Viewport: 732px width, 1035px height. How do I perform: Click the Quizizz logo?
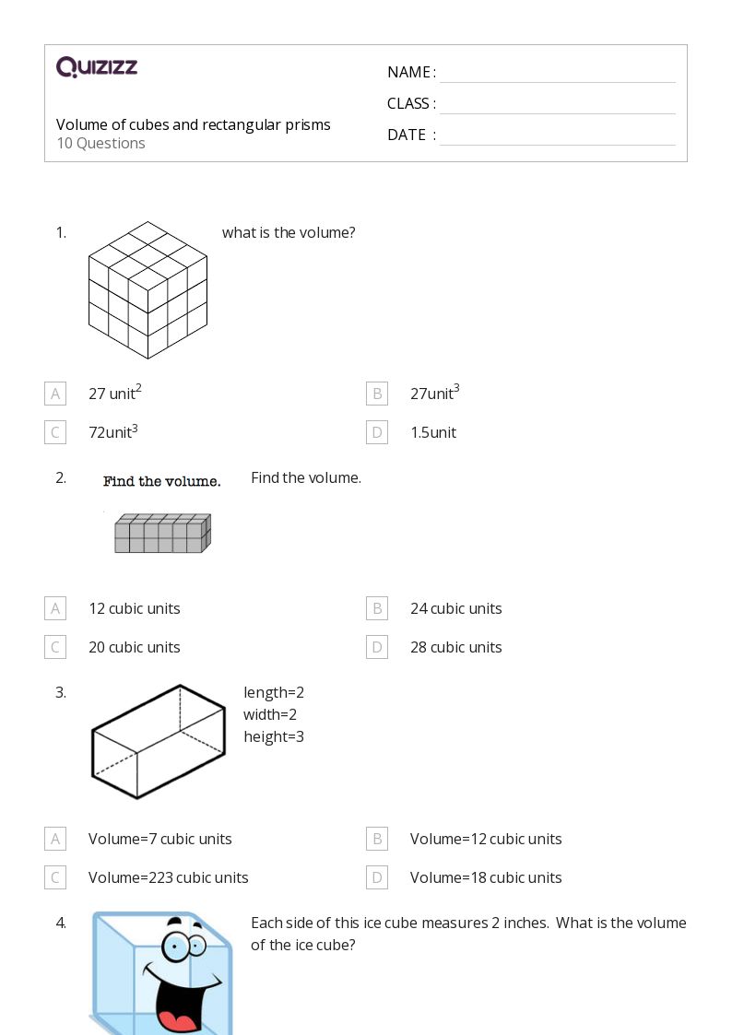(97, 67)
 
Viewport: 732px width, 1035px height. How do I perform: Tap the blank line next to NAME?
(557, 74)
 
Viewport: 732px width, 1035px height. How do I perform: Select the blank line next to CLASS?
(557, 105)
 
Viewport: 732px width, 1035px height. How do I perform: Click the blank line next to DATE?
(557, 136)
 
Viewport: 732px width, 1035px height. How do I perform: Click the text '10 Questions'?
(100, 144)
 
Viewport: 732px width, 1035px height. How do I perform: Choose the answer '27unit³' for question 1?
(434, 394)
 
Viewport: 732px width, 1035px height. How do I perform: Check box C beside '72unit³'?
(55, 432)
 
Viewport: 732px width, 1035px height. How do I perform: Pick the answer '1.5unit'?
(432, 432)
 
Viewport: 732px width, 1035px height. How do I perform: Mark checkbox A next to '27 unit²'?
(55, 394)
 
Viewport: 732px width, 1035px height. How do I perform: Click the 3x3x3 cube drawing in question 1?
(148, 289)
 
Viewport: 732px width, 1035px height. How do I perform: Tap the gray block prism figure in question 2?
(162, 534)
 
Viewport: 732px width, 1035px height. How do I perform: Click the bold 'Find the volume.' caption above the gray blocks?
(161, 481)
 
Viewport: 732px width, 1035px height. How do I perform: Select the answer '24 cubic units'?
(455, 608)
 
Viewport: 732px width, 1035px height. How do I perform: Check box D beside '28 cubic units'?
(376, 647)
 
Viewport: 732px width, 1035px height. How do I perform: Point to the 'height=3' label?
(274, 736)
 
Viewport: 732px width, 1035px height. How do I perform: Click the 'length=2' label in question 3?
(274, 692)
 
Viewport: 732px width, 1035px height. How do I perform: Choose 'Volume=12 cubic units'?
(485, 839)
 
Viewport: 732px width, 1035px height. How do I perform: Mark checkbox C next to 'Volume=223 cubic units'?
(55, 877)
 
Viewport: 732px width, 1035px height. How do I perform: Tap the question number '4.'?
(61, 923)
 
